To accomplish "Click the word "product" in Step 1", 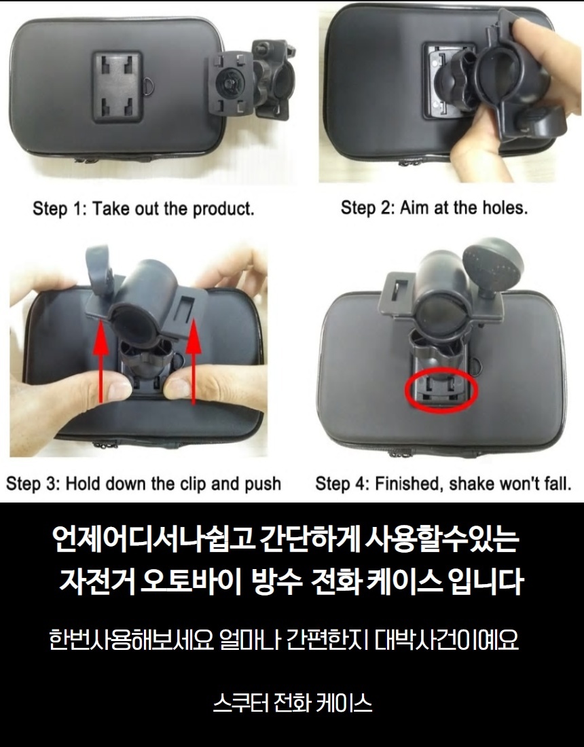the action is [223, 209].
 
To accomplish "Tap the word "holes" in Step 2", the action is [505, 208].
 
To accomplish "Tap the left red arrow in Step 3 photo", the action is [101, 361].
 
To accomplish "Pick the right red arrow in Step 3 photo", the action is [193, 361].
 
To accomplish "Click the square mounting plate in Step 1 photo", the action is [117, 87].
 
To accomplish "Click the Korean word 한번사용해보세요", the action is [132, 640].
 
